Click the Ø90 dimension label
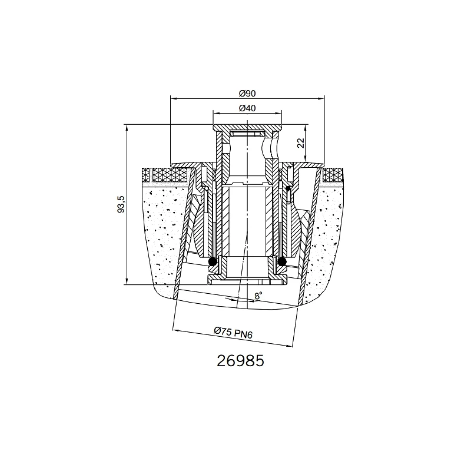pyautogui.click(x=247, y=94)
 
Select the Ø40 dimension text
pyautogui.click(x=247, y=108)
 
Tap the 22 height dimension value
pyautogui.click(x=301, y=143)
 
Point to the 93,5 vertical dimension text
pyautogui.click(x=121, y=204)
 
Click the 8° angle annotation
pyautogui.click(x=258, y=296)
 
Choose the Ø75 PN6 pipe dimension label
pyautogui.click(x=233, y=333)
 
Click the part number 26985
pyautogui.click(x=240, y=361)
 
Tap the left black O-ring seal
pyautogui.click(x=213, y=261)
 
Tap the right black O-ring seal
pyautogui.click(x=281, y=262)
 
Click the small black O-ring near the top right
pyautogui.click(x=288, y=188)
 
